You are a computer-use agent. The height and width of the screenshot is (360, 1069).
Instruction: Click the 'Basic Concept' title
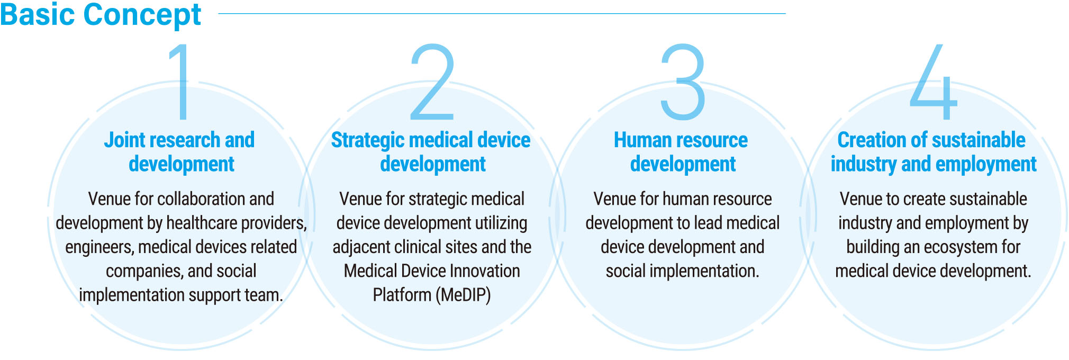101,15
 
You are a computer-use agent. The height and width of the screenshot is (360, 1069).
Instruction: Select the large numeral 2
432,82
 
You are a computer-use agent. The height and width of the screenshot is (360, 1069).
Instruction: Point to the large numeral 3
683,82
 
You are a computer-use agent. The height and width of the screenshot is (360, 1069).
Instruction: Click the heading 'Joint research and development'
180,152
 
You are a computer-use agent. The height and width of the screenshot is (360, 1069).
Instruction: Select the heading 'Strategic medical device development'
431,152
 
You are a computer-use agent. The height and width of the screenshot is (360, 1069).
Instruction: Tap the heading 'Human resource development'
681,152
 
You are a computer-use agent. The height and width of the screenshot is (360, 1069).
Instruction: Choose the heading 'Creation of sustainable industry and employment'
933,152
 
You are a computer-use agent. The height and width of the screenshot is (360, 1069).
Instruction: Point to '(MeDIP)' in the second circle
464,295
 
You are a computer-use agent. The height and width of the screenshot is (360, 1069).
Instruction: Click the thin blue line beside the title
502,14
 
